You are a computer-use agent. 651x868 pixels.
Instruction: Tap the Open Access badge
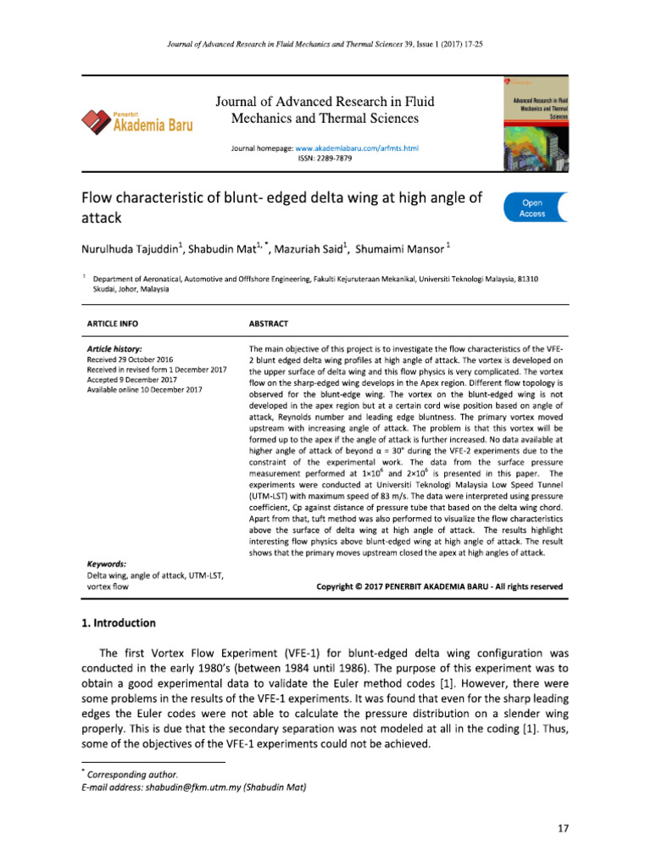pos(532,209)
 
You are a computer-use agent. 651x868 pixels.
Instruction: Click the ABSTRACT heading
pos(268,325)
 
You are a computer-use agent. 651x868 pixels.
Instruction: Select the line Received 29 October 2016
pos(130,360)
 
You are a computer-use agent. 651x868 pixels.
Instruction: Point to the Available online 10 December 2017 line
pos(144,391)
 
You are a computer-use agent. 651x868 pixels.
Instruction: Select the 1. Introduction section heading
pos(119,623)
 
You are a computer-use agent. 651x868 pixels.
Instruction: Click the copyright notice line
pos(438,586)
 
